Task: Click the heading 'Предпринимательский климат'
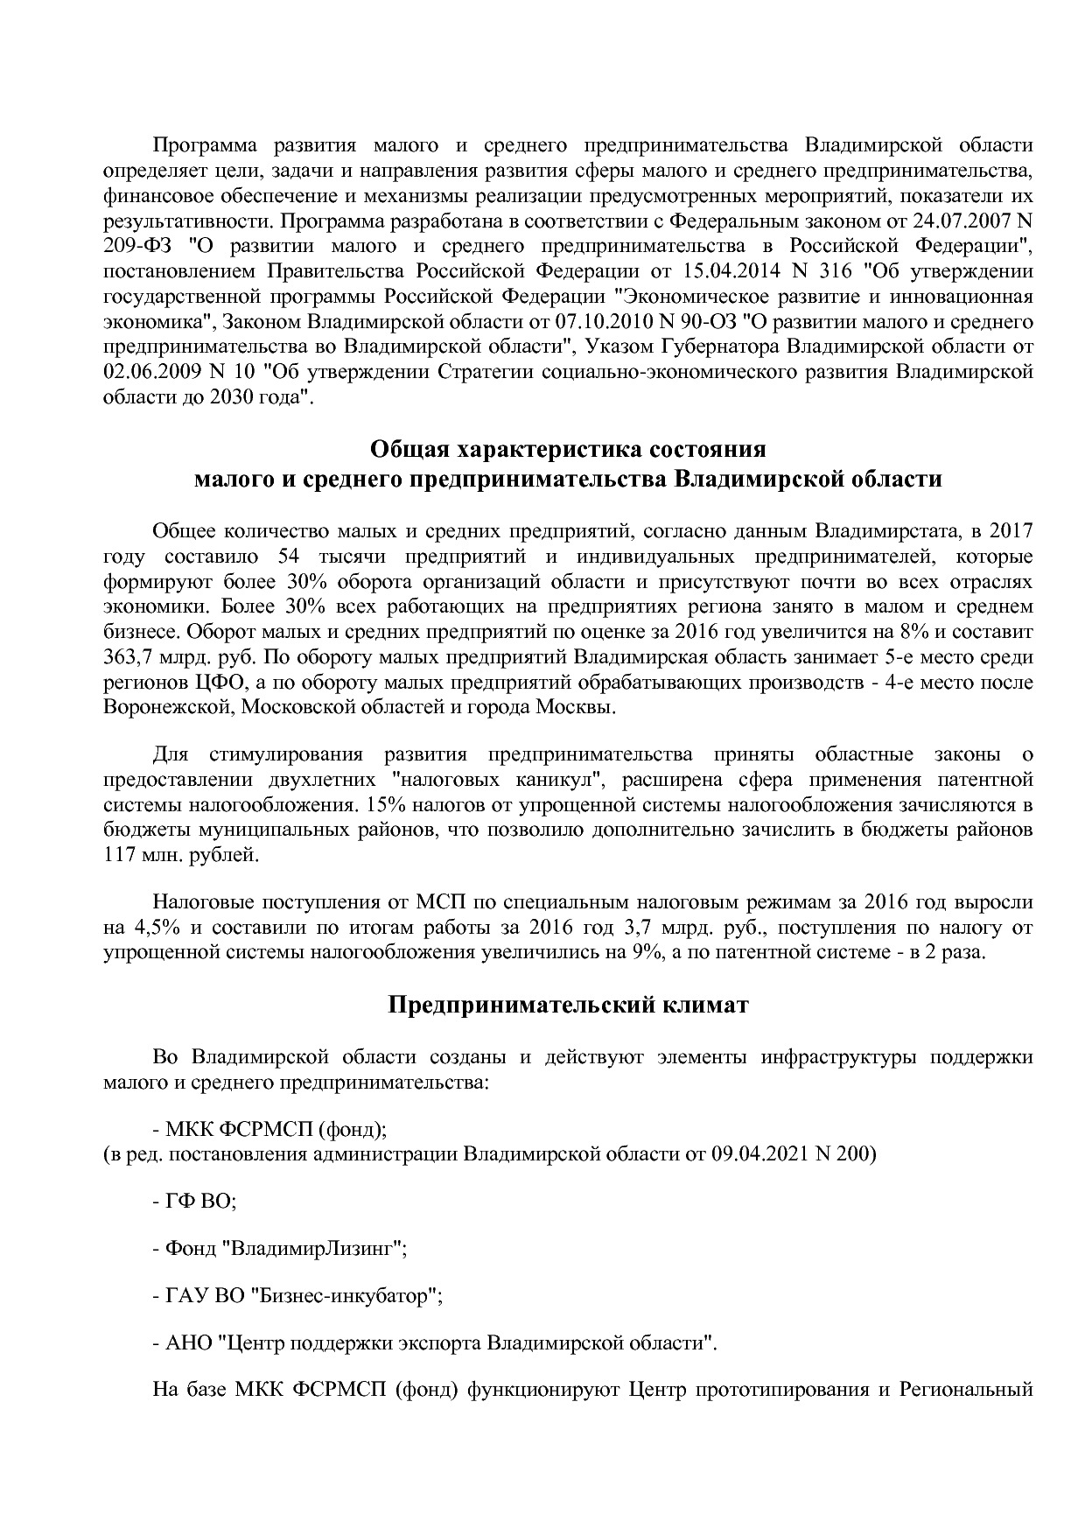click(x=568, y=1006)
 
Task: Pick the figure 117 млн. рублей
click(x=181, y=856)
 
